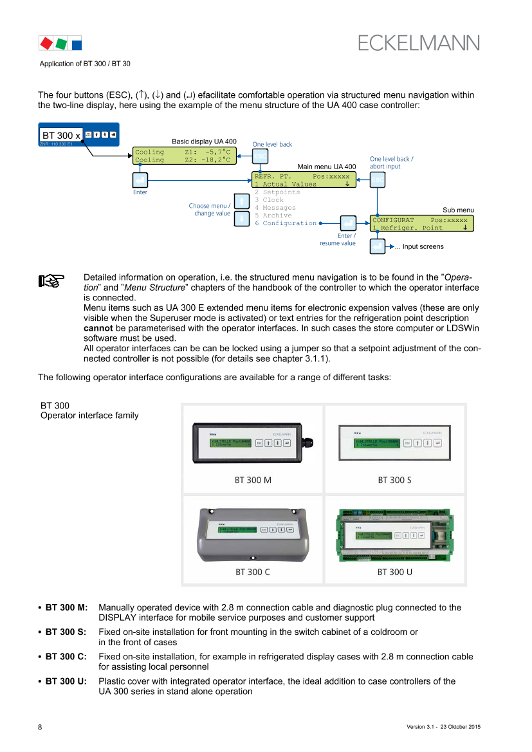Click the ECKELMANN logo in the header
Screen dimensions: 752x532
(419, 42)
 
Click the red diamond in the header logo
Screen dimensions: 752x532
(46, 43)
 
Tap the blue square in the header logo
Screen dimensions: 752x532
(76, 44)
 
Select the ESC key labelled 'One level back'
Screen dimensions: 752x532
(260, 156)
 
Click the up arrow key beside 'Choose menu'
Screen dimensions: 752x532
(241, 202)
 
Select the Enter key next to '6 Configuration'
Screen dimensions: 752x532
(348, 223)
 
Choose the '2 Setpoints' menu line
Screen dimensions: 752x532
(277, 192)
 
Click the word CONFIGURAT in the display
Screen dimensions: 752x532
(393, 219)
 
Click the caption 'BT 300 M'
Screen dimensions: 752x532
(253, 480)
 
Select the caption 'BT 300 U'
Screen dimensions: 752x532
(395, 571)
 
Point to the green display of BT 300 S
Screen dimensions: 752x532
(377, 443)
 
